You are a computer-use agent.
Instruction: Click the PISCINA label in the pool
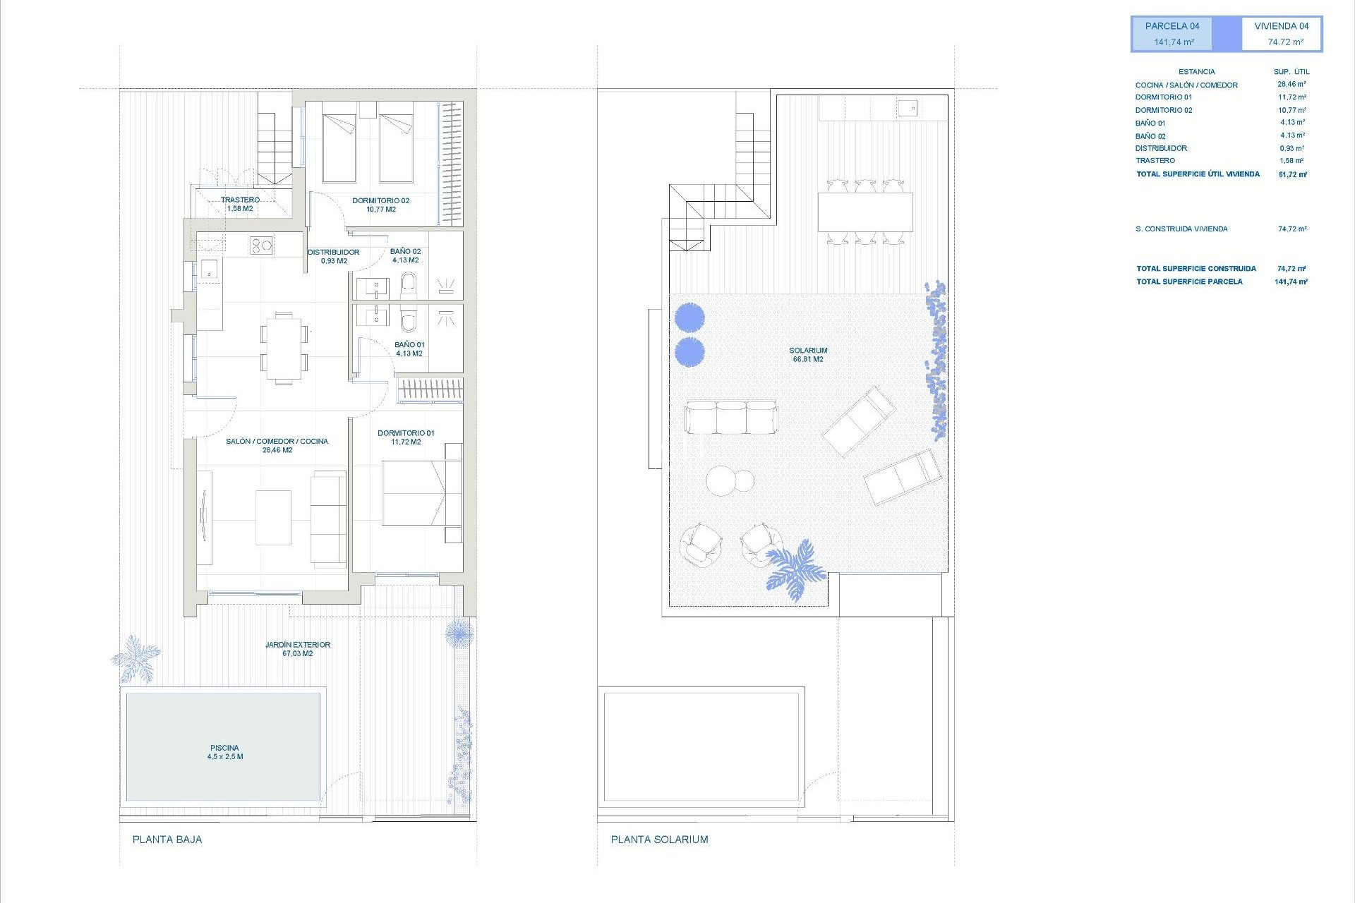point(225,752)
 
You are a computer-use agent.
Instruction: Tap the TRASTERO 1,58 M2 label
point(240,204)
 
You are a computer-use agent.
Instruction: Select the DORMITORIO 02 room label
point(380,205)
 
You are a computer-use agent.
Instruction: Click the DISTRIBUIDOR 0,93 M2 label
point(333,256)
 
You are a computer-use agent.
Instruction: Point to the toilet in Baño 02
point(409,286)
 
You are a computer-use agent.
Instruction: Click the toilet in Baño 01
point(409,320)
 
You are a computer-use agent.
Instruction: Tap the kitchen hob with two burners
point(261,246)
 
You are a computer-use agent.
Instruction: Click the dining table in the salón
point(284,349)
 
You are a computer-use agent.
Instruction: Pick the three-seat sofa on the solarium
point(730,418)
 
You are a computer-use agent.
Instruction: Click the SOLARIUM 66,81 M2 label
point(808,355)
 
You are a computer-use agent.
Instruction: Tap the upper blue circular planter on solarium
point(689,317)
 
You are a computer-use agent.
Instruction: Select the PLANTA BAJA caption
point(167,840)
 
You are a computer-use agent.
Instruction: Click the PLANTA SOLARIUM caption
point(659,840)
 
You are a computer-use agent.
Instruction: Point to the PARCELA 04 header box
point(1172,34)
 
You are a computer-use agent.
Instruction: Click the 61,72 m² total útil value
point(1292,174)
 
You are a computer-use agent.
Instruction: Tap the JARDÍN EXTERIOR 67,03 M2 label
point(298,649)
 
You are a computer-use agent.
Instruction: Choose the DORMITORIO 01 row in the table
point(1164,97)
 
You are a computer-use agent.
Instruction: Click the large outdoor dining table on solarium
point(865,212)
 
